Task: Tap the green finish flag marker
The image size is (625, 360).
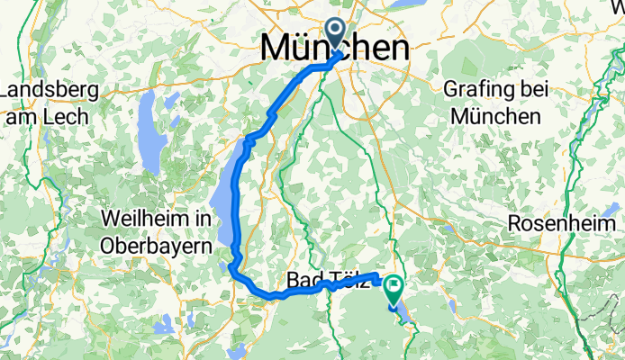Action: [x=394, y=288]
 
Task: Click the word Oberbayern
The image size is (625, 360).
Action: [x=157, y=245]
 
